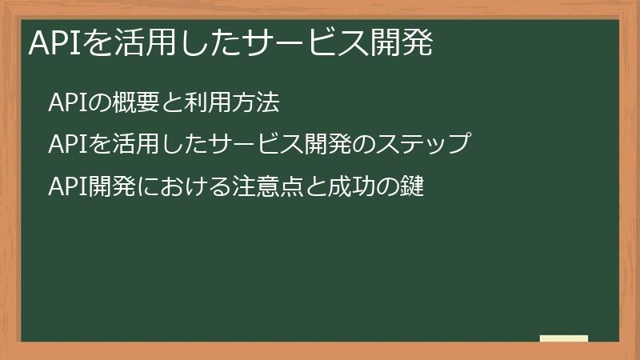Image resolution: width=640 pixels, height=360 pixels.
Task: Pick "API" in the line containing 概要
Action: [x=63, y=103]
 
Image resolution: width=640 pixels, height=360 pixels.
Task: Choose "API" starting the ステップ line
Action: [x=63, y=145]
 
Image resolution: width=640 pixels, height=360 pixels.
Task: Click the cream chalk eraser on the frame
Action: [x=564, y=338]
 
